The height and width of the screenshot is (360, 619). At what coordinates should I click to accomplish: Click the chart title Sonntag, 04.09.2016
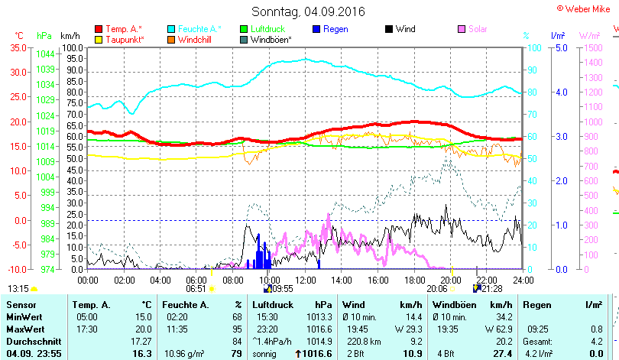308,11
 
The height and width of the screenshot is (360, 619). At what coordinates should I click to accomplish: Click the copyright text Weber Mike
585,8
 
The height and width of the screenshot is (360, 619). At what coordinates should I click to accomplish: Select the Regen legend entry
335,29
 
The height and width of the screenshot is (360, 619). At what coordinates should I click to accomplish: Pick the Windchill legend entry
196,39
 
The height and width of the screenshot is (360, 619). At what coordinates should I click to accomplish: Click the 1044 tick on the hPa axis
45,54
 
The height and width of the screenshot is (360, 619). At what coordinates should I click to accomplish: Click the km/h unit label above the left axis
70,36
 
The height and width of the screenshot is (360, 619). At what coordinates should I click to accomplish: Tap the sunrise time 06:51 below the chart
196,289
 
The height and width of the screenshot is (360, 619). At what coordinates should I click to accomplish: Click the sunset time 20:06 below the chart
436,289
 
